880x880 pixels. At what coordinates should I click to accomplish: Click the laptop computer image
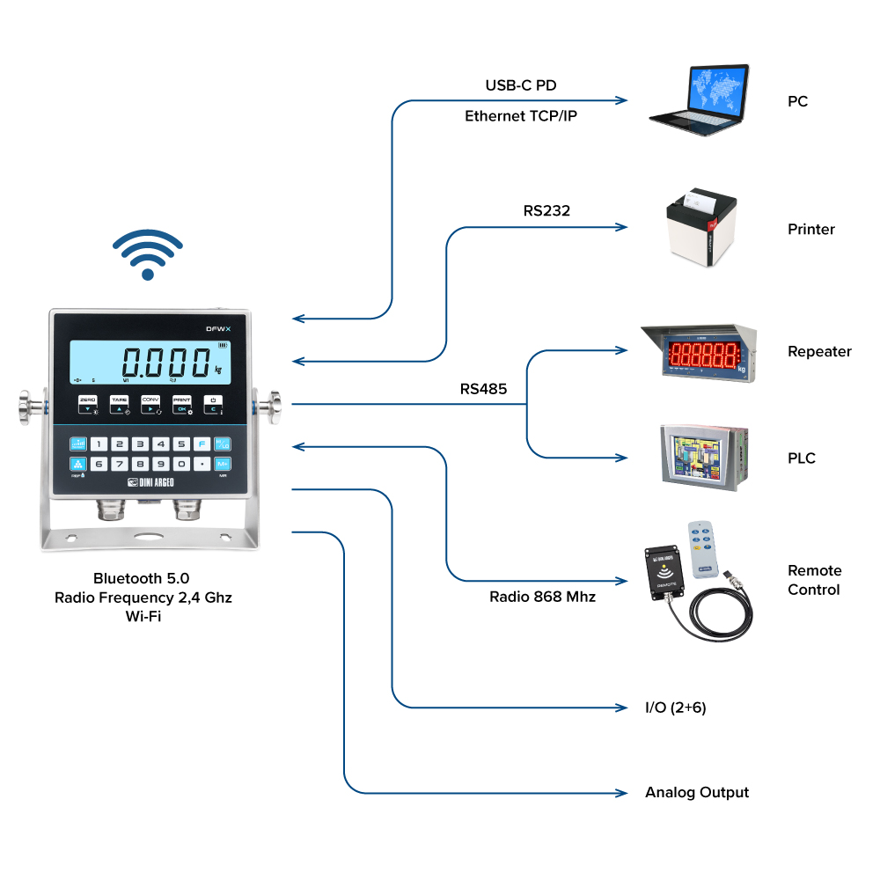coord(700,98)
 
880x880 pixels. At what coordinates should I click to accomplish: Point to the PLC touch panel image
coord(702,458)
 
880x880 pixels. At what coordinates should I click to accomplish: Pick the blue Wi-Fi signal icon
coord(148,255)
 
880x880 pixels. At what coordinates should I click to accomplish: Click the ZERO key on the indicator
coord(88,404)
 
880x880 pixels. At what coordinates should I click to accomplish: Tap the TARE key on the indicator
coord(120,404)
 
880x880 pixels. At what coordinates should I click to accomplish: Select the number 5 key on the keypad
coord(181,444)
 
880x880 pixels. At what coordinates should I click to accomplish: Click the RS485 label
coord(483,388)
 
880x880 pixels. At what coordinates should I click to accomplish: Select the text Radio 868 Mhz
coord(542,597)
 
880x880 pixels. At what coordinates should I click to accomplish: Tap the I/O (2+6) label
coord(676,708)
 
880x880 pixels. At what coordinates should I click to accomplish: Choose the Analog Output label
coord(697,792)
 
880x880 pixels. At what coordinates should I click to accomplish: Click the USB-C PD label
coord(521,85)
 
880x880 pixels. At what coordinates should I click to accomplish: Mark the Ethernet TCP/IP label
coord(521,115)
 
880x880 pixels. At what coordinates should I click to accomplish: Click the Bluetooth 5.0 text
coord(142,578)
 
